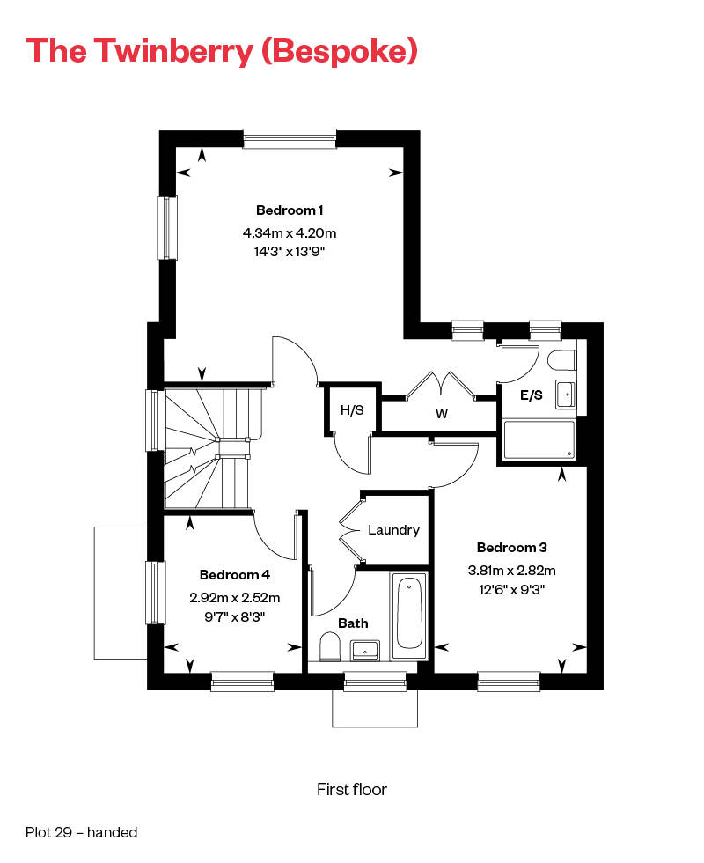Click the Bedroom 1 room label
[290, 210]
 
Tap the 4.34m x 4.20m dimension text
[290, 233]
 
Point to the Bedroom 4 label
[234, 575]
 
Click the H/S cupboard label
[352, 409]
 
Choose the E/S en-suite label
[532, 396]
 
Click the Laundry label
[393, 530]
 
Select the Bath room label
[353, 623]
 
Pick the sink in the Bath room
[366, 651]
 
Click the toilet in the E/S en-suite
[561, 360]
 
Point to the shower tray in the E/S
[538, 439]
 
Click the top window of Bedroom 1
[290, 136]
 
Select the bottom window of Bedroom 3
[508, 680]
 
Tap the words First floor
[351, 789]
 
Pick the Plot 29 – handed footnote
[82, 831]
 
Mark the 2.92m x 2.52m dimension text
[234, 597]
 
